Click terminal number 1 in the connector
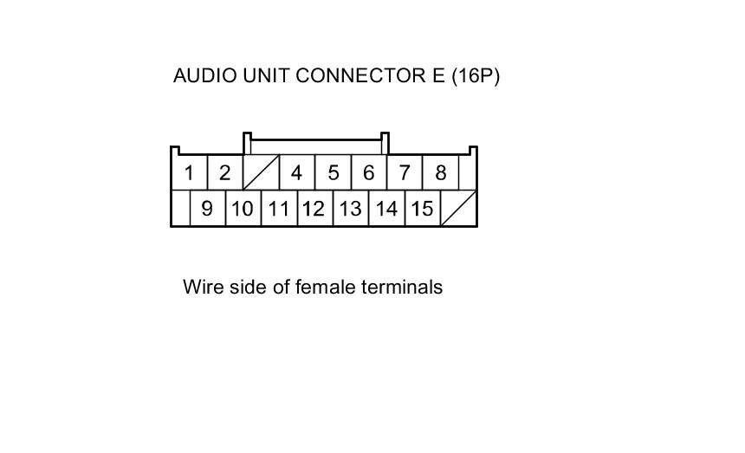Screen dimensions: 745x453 pyautogui.click(x=189, y=173)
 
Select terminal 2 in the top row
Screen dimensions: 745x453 pyautogui.click(x=224, y=173)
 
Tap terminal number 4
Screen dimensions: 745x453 pyautogui.click(x=296, y=173)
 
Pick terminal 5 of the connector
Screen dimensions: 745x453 pyautogui.click(x=333, y=173)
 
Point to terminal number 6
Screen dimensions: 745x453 pyautogui.click(x=368, y=173)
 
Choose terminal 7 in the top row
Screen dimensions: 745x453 pyautogui.click(x=405, y=173)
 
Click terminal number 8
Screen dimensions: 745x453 pyautogui.click(x=440, y=173)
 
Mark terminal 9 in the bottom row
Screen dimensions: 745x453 pyautogui.click(x=207, y=209)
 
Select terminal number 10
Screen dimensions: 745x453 pyautogui.click(x=243, y=209)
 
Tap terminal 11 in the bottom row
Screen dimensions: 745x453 pyautogui.click(x=278, y=209)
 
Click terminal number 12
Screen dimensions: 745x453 pyautogui.click(x=314, y=209)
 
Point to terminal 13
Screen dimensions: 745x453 pyautogui.click(x=350, y=209)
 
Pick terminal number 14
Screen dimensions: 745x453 pyautogui.click(x=386, y=209)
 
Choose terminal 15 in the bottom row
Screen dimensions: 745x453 pyautogui.click(x=422, y=209)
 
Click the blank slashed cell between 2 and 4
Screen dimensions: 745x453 pyautogui.click(x=260, y=173)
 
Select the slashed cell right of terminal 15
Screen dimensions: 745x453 pyautogui.click(x=458, y=209)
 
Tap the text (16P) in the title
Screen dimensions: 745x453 pyautogui.click(x=474, y=75)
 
